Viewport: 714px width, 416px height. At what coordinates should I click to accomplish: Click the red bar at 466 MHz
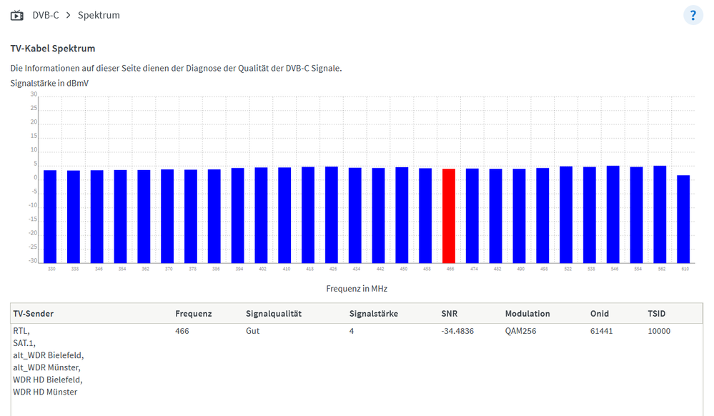pyautogui.click(x=449, y=216)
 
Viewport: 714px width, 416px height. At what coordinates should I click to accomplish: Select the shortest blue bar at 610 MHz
pyautogui.click(x=683, y=219)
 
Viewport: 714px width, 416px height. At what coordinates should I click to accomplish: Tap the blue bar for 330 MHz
pyautogui.click(x=50, y=217)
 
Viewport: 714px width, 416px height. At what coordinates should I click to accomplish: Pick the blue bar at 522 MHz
pyautogui.click(x=566, y=214)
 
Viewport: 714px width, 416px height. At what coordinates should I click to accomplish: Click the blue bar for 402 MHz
pyautogui.click(x=261, y=215)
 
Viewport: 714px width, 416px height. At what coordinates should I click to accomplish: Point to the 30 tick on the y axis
pyautogui.click(x=33, y=94)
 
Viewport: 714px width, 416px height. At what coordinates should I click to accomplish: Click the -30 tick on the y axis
pyautogui.click(x=33, y=262)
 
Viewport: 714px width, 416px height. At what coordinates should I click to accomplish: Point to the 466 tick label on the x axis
pyautogui.click(x=449, y=269)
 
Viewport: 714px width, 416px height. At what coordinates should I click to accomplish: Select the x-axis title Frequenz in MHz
pyautogui.click(x=357, y=289)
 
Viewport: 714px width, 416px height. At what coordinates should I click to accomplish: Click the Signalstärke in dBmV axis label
pyautogui.click(x=49, y=83)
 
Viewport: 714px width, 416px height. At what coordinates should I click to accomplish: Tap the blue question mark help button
pyautogui.click(x=693, y=15)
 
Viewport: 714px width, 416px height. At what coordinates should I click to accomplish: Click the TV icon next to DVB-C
pyautogui.click(x=17, y=15)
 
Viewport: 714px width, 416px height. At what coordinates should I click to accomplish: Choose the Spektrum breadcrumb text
pyautogui.click(x=99, y=15)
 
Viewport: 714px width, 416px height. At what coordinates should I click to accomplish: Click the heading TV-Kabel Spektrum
pyautogui.click(x=53, y=49)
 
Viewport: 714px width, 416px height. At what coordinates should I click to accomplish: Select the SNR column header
pyautogui.click(x=450, y=314)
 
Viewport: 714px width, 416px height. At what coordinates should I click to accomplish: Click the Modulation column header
pyautogui.click(x=527, y=314)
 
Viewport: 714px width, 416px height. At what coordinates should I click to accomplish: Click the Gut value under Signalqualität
pyautogui.click(x=253, y=332)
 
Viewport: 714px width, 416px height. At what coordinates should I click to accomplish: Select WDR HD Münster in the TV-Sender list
pyautogui.click(x=45, y=392)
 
